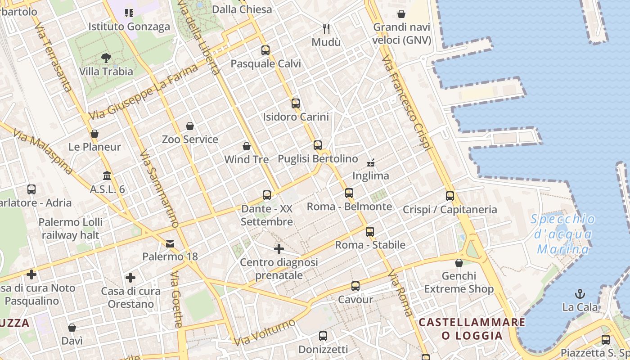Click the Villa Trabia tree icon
[106, 58]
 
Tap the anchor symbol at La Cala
[580, 294]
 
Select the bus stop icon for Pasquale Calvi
[265, 50]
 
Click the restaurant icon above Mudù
[327, 29]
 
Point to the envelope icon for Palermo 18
[170, 244]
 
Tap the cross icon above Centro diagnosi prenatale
[279, 248]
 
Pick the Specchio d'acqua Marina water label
[563, 234]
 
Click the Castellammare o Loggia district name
[472, 329]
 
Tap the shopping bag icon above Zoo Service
[190, 126]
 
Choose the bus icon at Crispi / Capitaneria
[450, 196]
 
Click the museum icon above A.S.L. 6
[107, 175]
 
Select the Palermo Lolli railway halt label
[71, 229]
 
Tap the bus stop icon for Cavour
[355, 286]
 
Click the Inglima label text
[371, 176]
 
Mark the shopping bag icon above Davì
[72, 328]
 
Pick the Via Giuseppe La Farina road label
[143, 92]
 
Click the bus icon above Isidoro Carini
[296, 103]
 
